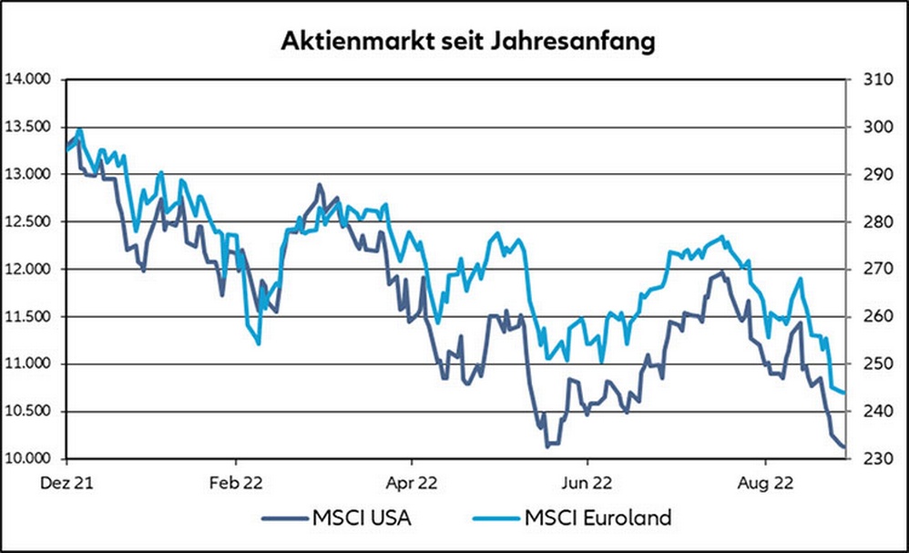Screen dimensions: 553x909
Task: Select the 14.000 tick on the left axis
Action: (x=29, y=79)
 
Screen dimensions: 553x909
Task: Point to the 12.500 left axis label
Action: (x=29, y=221)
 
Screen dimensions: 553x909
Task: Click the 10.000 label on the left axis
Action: (x=29, y=458)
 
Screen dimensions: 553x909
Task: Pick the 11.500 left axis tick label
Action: (x=29, y=316)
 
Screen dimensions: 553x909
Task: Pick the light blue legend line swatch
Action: (x=495, y=517)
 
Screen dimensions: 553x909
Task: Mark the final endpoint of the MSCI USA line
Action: (x=844, y=447)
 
